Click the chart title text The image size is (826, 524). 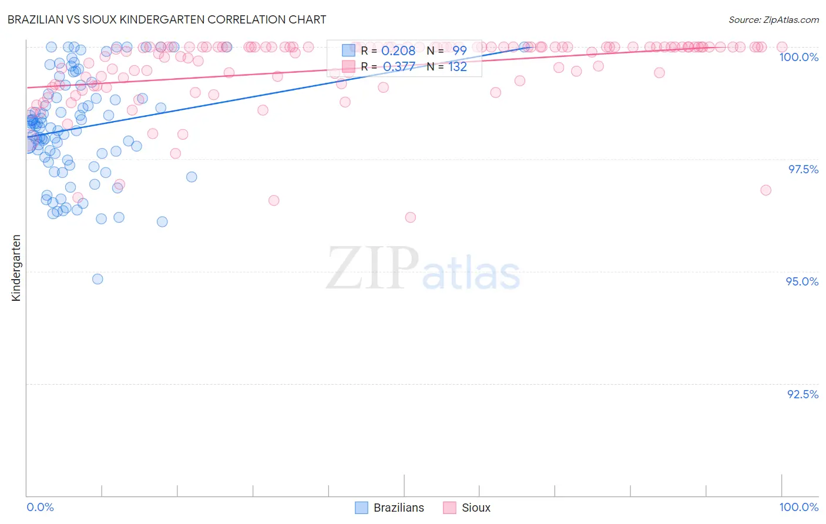pyautogui.click(x=166, y=19)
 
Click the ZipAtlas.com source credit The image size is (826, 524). pyautogui.click(x=773, y=19)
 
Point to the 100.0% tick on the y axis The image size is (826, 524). pyautogui.click(x=798, y=57)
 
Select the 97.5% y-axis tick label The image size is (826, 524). pyautogui.click(x=803, y=169)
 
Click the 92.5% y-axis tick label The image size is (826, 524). pyautogui.click(x=803, y=394)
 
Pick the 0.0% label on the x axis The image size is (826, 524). pyautogui.click(x=40, y=507)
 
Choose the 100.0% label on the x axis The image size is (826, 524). pyautogui.click(x=798, y=507)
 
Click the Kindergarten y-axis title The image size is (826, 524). pyautogui.click(x=16, y=268)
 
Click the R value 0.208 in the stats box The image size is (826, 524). pyautogui.click(x=398, y=51)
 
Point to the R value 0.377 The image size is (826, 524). pyautogui.click(x=399, y=66)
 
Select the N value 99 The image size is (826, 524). pyautogui.click(x=459, y=51)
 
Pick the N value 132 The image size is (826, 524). pyautogui.click(x=458, y=66)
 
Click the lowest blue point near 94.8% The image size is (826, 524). pyautogui.click(x=98, y=279)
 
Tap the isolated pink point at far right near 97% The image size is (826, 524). pyautogui.click(x=765, y=190)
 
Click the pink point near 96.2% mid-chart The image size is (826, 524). pyautogui.click(x=410, y=217)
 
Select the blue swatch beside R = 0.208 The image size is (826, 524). pyautogui.click(x=349, y=51)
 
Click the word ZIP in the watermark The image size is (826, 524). pyautogui.click(x=372, y=268)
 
